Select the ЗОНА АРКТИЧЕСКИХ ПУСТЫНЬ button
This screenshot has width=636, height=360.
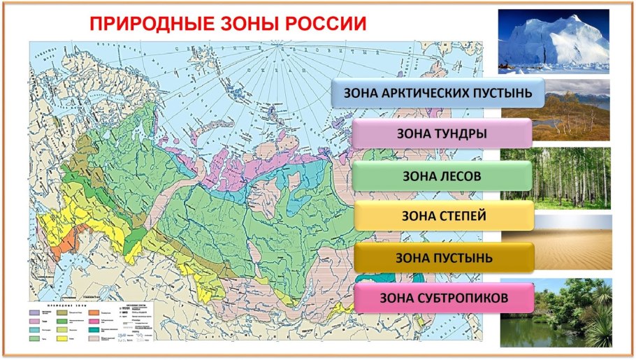438,92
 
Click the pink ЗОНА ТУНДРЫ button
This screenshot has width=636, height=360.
442,133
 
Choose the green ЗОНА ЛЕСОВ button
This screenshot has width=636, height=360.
442,175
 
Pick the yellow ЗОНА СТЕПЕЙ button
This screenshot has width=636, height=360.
443,215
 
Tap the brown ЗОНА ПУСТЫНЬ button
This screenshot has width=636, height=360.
443,257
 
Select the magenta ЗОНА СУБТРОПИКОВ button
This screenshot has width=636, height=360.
443,298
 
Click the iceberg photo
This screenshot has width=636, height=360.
554,41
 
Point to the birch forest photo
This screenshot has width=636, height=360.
556,178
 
